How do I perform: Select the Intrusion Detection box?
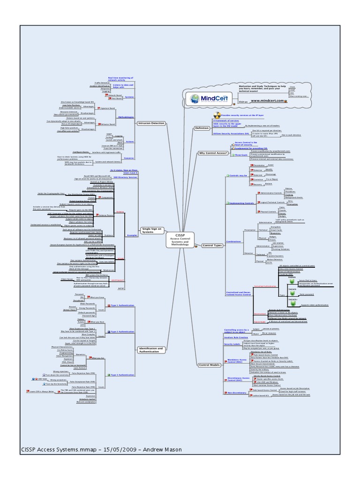tap(151, 123)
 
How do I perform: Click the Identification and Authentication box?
tap(151, 350)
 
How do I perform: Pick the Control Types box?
tap(211, 245)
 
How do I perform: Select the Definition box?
tap(202, 127)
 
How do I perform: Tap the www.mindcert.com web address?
tap(268, 101)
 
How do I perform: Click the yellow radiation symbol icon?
tap(217, 114)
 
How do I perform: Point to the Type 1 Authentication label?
tap(121, 305)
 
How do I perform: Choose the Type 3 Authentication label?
tap(121, 375)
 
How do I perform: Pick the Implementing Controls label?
tap(240, 203)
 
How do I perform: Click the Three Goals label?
tap(240, 155)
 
